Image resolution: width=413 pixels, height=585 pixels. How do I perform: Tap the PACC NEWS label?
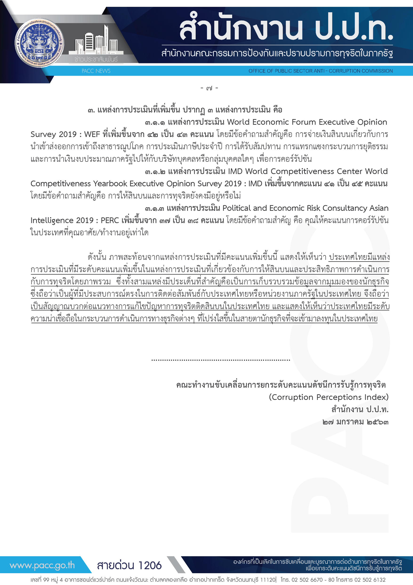tap(96, 71)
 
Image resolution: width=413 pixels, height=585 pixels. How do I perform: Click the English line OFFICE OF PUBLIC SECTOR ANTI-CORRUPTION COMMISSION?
tap(320, 71)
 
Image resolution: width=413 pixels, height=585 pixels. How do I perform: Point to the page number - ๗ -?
tap(209, 88)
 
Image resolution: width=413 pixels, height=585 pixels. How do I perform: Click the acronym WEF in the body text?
tap(92, 134)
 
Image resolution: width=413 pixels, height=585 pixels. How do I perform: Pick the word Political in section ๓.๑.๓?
tap(236, 208)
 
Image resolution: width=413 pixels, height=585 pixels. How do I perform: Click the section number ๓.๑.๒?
tap(155, 172)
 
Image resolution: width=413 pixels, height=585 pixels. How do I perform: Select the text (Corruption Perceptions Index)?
tap(328, 397)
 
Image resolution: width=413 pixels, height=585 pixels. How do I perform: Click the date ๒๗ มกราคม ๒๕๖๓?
tap(355, 422)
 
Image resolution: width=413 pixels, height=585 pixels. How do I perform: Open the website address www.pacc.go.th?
tap(42, 565)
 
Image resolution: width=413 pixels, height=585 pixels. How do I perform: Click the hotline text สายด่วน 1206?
tap(129, 565)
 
